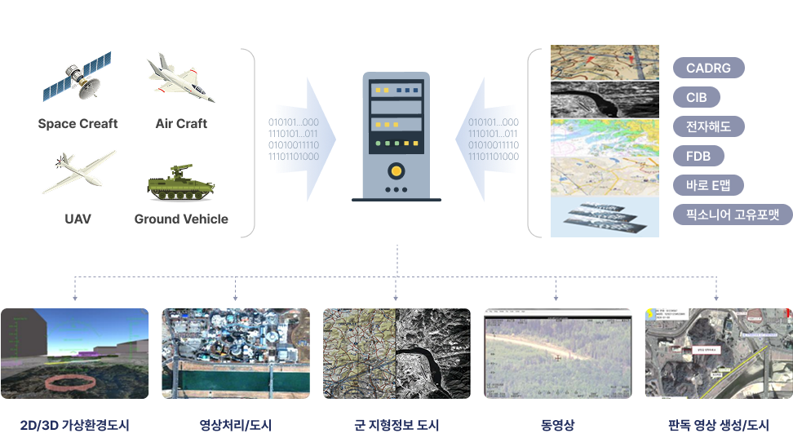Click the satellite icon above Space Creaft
pyautogui.click(x=78, y=77)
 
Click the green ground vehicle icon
pyautogui.click(x=180, y=184)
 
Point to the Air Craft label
pyautogui.click(x=181, y=124)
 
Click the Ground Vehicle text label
pyautogui.click(x=181, y=219)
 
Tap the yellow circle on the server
pyautogui.click(x=396, y=171)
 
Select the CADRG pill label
pyautogui.click(x=709, y=68)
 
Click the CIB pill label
pyautogui.click(x=696, y=98)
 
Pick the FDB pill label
pyautogui.click(x=698, y=156)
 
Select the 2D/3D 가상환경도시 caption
pyautogui.click(x=75, y=426)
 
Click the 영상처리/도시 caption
pyautogui.click(x=236, y=426)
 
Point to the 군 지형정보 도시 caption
pyautogui.click(x=396, y=426)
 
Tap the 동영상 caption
pyautogui.click(x=557, y=426)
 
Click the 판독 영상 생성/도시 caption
pyautogui.click(x=718, y=426)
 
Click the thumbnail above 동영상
pyautogui.click(x=557, y=353)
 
